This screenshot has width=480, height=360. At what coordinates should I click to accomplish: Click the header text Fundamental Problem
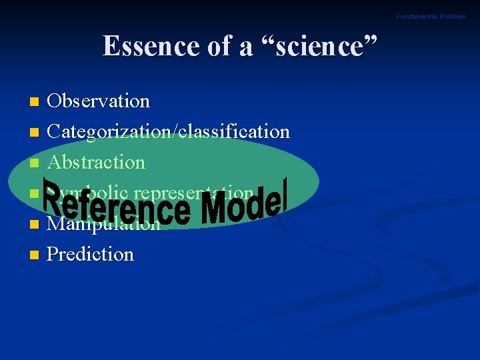click(x=431, y=16)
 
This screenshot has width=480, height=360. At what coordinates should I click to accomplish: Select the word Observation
click(x=99, y=101)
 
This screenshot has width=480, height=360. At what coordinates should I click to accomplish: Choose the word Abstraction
click(x=97, y=162)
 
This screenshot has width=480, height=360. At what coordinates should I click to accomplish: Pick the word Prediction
click(x=91, y=254)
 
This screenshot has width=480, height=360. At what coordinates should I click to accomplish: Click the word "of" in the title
click(x=219, y=47)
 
